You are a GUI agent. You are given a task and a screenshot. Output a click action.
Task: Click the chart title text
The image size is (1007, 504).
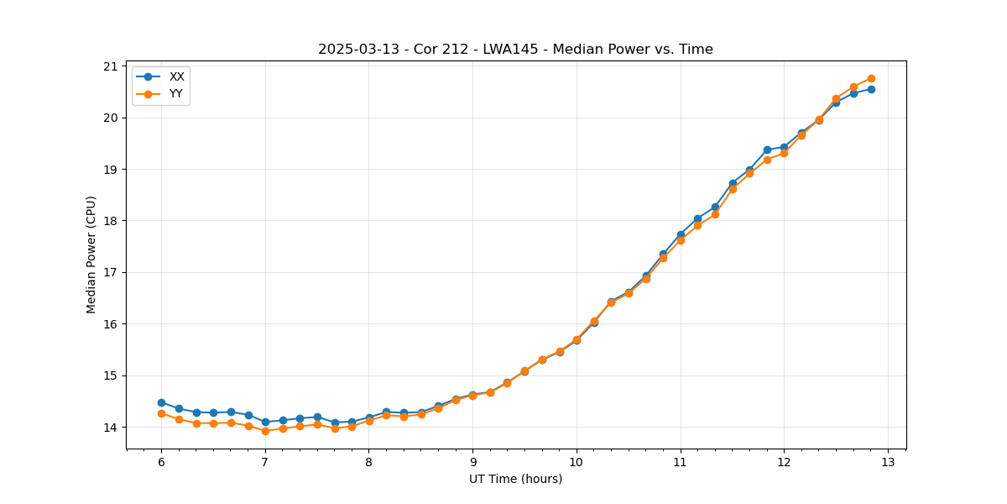coord(515,50)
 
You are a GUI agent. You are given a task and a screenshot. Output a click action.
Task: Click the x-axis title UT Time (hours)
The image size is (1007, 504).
coord(515,479)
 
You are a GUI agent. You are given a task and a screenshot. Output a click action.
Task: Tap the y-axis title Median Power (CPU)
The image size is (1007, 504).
coord(91,255)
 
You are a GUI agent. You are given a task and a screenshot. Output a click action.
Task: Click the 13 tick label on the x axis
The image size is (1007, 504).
coord(888,463)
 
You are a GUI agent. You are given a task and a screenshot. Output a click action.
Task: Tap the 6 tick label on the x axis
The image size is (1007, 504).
coord(161,463)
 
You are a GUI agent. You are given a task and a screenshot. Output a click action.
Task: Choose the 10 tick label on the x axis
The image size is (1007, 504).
coord(577,463)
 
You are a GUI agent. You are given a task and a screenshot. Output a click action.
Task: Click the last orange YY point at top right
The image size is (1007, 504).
coord(871,78)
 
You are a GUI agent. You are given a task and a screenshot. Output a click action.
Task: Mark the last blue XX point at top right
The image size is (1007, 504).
coord(871,89)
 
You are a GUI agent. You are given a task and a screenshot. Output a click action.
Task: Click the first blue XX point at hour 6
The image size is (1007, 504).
coord(161,402)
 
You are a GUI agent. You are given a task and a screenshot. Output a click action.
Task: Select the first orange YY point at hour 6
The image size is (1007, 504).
coord(161,413)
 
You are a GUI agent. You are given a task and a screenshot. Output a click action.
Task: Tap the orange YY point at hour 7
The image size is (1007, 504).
coord(265,431)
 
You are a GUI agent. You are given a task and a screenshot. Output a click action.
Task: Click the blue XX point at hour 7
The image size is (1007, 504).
coord(265,422)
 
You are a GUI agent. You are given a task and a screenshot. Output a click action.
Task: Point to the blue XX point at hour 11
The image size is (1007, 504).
coord(681,234)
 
